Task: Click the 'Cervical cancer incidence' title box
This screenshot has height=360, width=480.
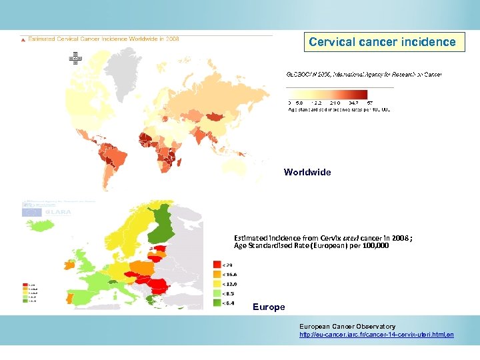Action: tap(383, 42)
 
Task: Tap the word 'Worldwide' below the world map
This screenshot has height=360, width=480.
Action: tap(307, 172)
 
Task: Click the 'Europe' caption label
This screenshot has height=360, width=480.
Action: tap(269, 307)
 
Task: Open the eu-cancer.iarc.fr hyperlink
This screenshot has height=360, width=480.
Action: tap(377, 334)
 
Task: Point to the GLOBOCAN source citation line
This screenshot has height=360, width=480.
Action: tap(364, 75)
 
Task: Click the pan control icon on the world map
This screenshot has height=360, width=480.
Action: tap(75, 58)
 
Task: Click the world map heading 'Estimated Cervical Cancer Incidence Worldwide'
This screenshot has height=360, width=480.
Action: tap(103, 39)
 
